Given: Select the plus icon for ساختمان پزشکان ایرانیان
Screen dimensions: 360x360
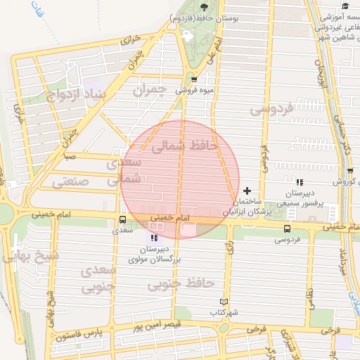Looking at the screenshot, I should (x=247, y=191).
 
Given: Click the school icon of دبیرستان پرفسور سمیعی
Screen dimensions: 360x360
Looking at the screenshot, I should (x=300, y=182).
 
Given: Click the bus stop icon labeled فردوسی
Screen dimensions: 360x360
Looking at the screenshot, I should (x=287, y=229).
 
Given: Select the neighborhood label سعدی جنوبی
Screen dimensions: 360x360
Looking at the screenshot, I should (x=96, y=278).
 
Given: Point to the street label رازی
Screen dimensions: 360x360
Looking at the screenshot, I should (x=229, y=247).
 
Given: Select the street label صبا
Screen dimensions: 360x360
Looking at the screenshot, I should (x=70, y=157).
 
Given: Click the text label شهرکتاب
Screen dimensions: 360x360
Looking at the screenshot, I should (x=224, y=311).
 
